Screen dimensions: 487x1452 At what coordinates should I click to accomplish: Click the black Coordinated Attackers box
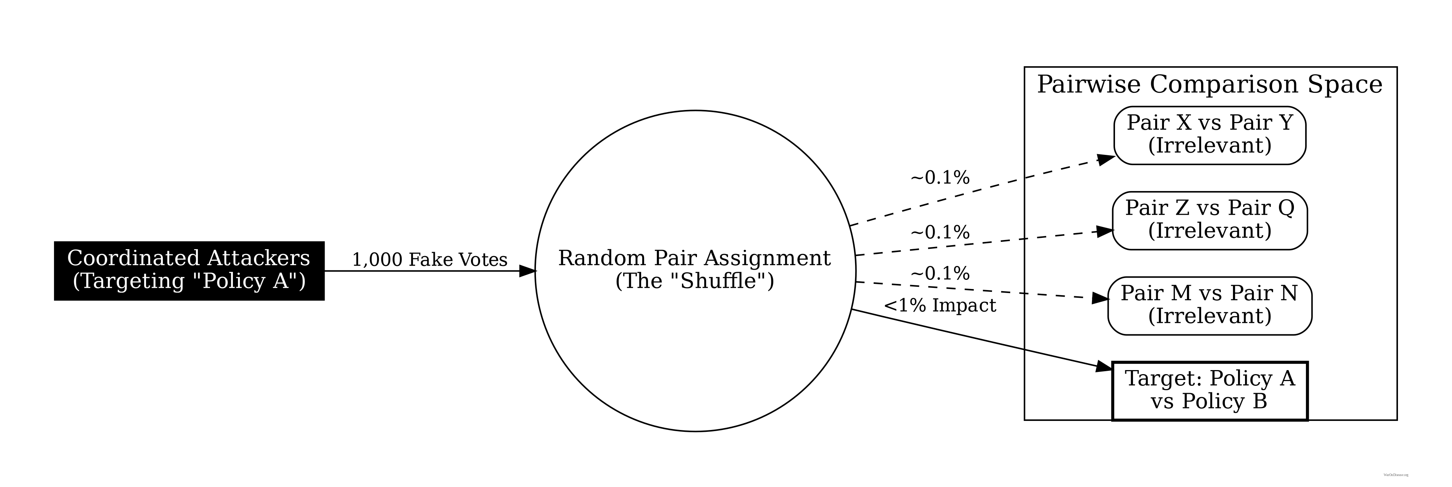pyautogui.click(x=189, y=271)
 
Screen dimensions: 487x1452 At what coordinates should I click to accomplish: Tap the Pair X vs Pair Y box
pyautogui.click(x=1210, y=136)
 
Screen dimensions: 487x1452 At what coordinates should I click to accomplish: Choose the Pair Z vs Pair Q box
pyautogui.click(x=1210, y=220)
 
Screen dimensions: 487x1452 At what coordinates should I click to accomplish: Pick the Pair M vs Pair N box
pyautogui.click(x=1210, y=305)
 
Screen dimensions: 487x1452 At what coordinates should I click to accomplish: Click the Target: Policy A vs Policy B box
pyautogui.click(x=1210, y=391)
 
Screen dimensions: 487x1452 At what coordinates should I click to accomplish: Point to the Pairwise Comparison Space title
pyautogui.click(x=1210, y=85)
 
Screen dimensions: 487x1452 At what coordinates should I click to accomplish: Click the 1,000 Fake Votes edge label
pyautogui.click(x=429, y=260)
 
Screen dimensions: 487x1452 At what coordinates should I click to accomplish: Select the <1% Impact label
pyautogui.click(x=940, y=306)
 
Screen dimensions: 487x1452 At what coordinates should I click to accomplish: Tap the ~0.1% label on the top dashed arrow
pyautogui.click(x=940, y=178)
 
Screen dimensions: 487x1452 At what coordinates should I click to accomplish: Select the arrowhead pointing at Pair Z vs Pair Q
pyautogui.click(x=1104, y=231)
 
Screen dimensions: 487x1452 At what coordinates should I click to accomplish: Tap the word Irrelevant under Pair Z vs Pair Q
pyautogui.click(x=1210, y=231)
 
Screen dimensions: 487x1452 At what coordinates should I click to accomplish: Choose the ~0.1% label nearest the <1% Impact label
pyautogui.click(x=940, y=274)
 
